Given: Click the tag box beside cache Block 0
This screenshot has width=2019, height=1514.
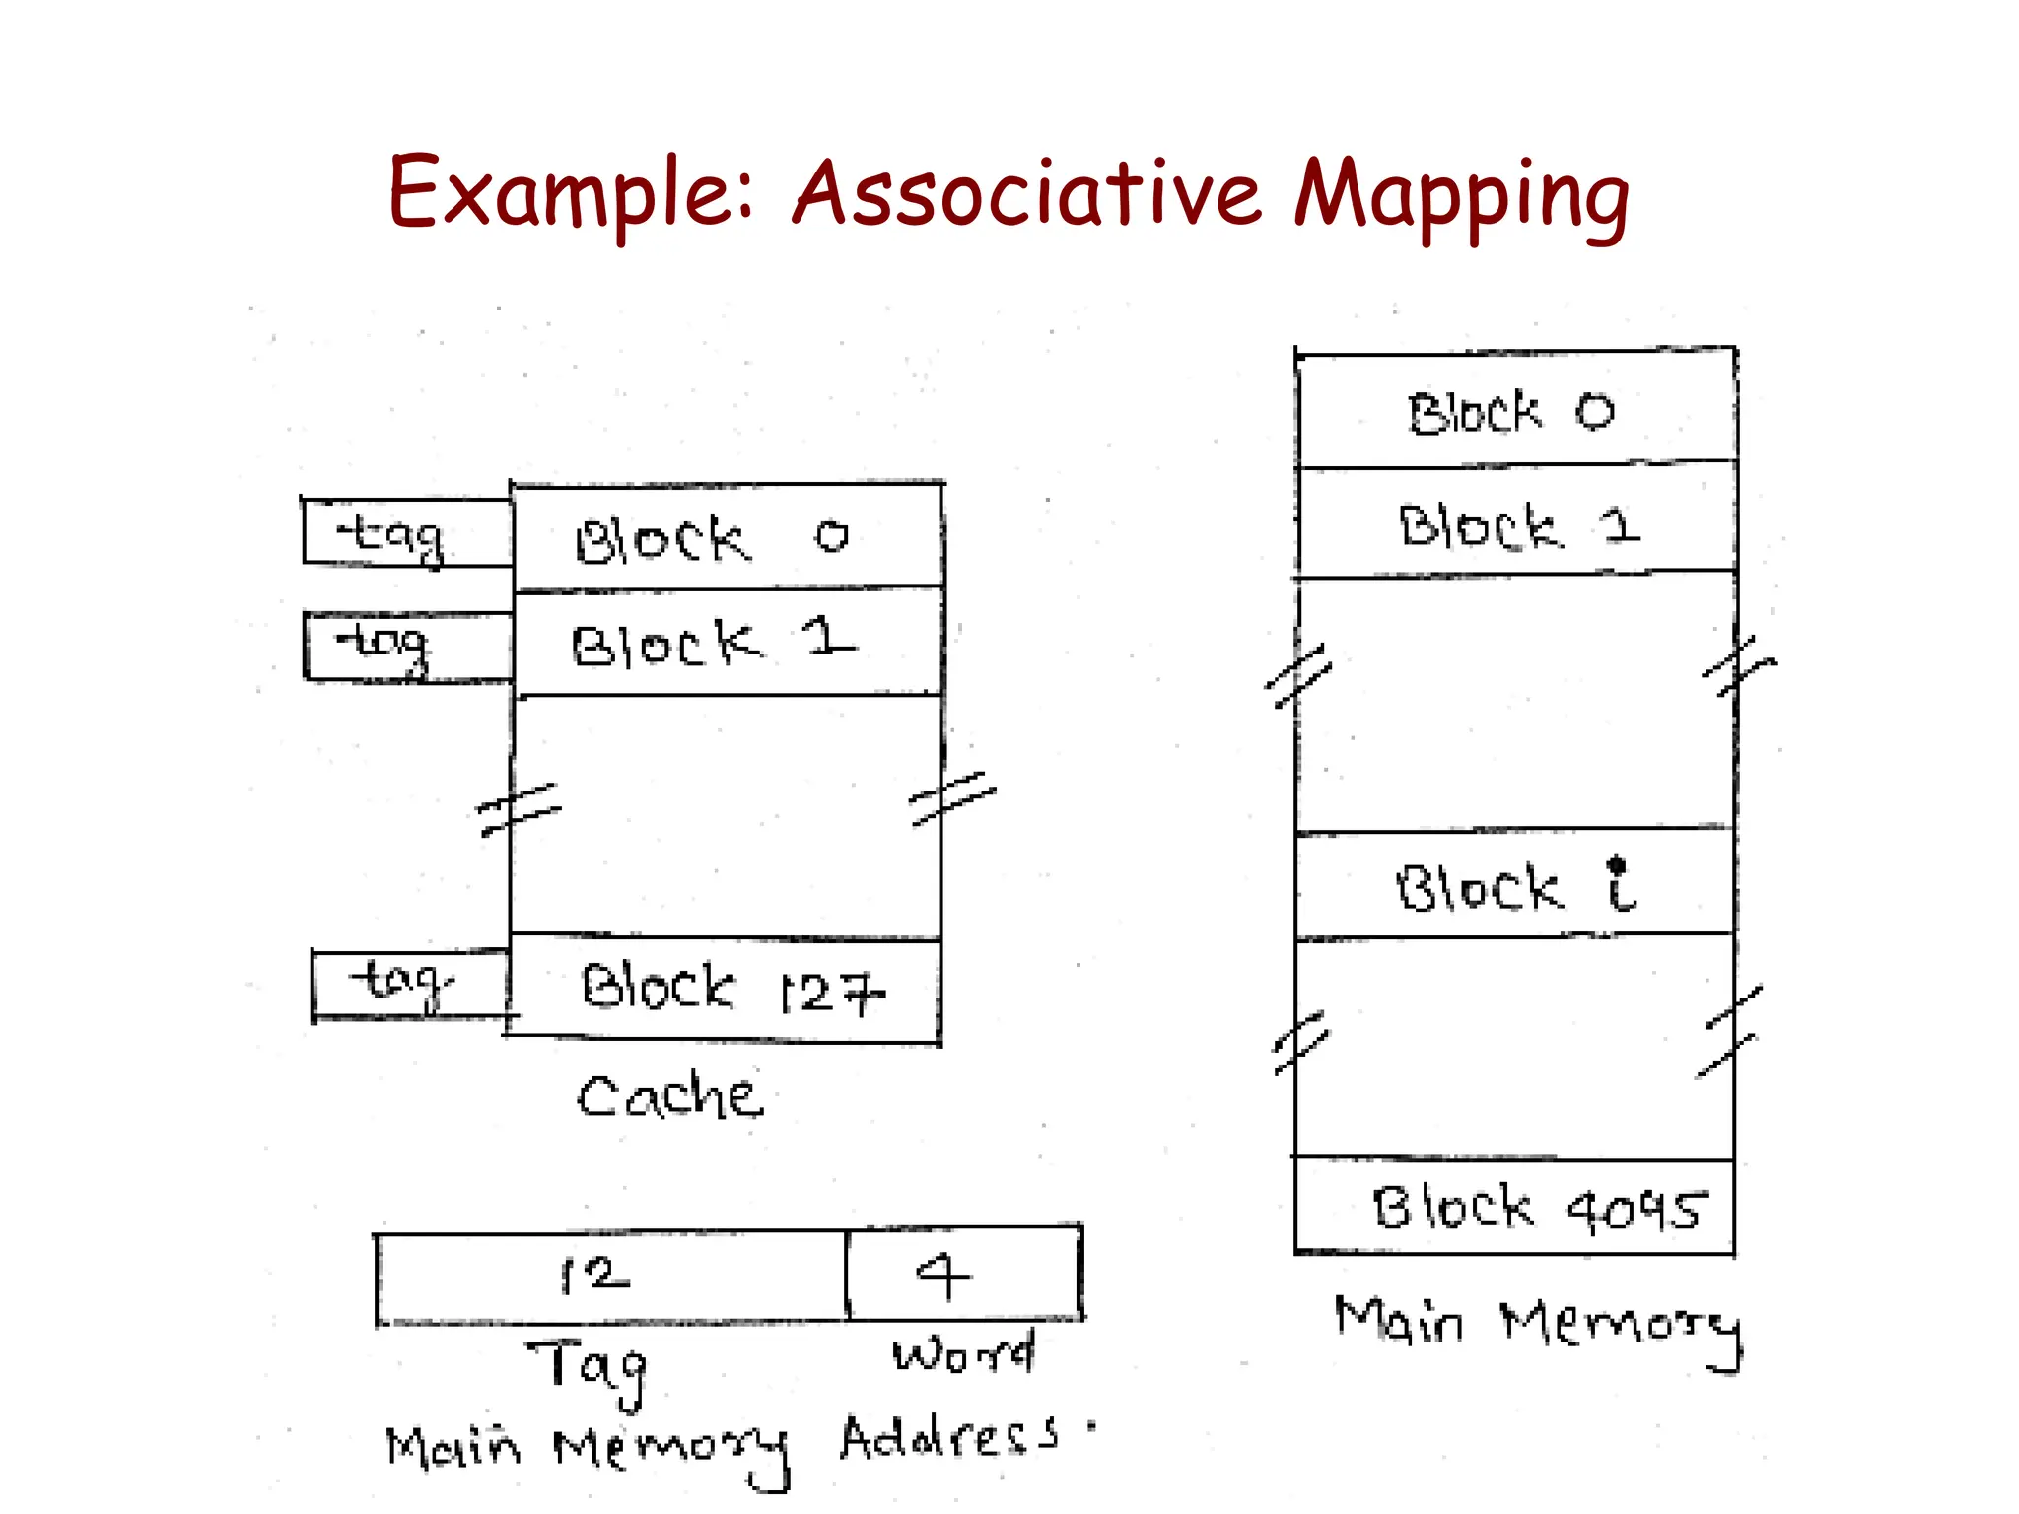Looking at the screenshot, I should [x=407, y=532].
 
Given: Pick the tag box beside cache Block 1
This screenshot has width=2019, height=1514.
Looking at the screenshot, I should [x=407, y=646].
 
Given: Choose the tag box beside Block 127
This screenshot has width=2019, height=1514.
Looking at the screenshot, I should [x=410, y=985].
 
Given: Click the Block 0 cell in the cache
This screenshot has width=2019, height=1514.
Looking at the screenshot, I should [x=727, y=537].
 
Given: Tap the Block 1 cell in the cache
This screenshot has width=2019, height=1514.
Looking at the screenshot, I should [x=727, y=643].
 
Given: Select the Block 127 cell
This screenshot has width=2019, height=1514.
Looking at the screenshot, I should [x=725, y=989].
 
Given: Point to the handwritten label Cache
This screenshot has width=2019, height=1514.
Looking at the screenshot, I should [x=669, y=1096].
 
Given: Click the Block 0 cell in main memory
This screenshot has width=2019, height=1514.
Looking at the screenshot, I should [x=1515, y=411].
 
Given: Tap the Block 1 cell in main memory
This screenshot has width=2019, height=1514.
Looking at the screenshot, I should [x=1515, y=522].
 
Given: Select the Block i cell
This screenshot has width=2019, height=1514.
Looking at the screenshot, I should [x=1515, y=885].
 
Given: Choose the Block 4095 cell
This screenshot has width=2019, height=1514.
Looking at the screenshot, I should [x=1515, y=1207].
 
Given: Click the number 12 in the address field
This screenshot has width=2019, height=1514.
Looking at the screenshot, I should [x=594, y=1275].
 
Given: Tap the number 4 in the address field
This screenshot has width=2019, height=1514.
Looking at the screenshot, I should [x=943, y=1275].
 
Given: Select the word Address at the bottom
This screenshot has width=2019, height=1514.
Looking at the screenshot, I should [x=948, y=1439].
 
